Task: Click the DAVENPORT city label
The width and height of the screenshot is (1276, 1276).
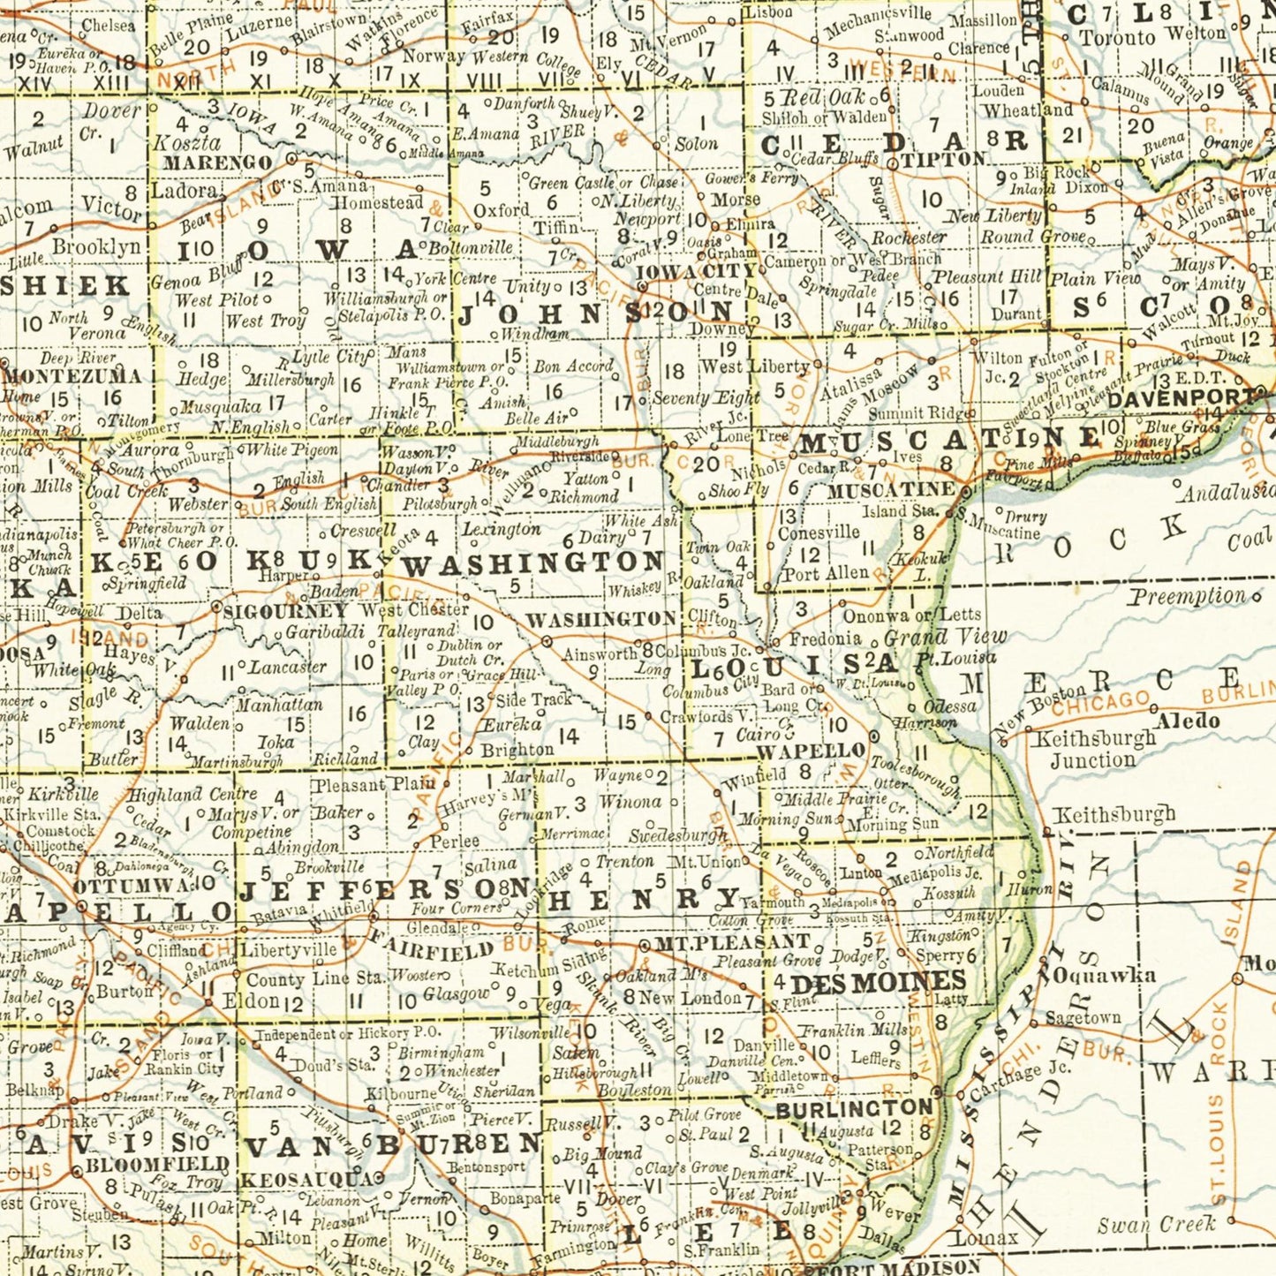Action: (x=1180, y=398)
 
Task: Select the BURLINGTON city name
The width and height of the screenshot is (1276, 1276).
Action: (x=854, y=1108)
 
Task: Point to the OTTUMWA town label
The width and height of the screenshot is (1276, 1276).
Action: (x=131, y=886)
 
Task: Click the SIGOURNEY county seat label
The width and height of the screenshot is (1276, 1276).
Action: (x=285, y=611)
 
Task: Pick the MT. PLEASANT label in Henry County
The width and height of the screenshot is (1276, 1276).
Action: (x=732, y=944)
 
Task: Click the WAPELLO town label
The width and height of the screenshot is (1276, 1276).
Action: (x=811, y=751)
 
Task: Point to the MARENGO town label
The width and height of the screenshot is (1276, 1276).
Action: (x=217, y=163)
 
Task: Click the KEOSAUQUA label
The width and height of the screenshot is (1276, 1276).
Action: (x=306, y=1180)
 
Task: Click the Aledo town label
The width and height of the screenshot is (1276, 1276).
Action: (x=1188, y=721)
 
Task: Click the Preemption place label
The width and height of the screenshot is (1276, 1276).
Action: (x=1188, y=597)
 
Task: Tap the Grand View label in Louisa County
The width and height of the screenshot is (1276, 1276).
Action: (x=945, y=636)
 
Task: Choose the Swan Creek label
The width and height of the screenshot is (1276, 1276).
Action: (x=1157, y=1225)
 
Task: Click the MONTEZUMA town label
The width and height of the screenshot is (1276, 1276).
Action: (x=72, y=375)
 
